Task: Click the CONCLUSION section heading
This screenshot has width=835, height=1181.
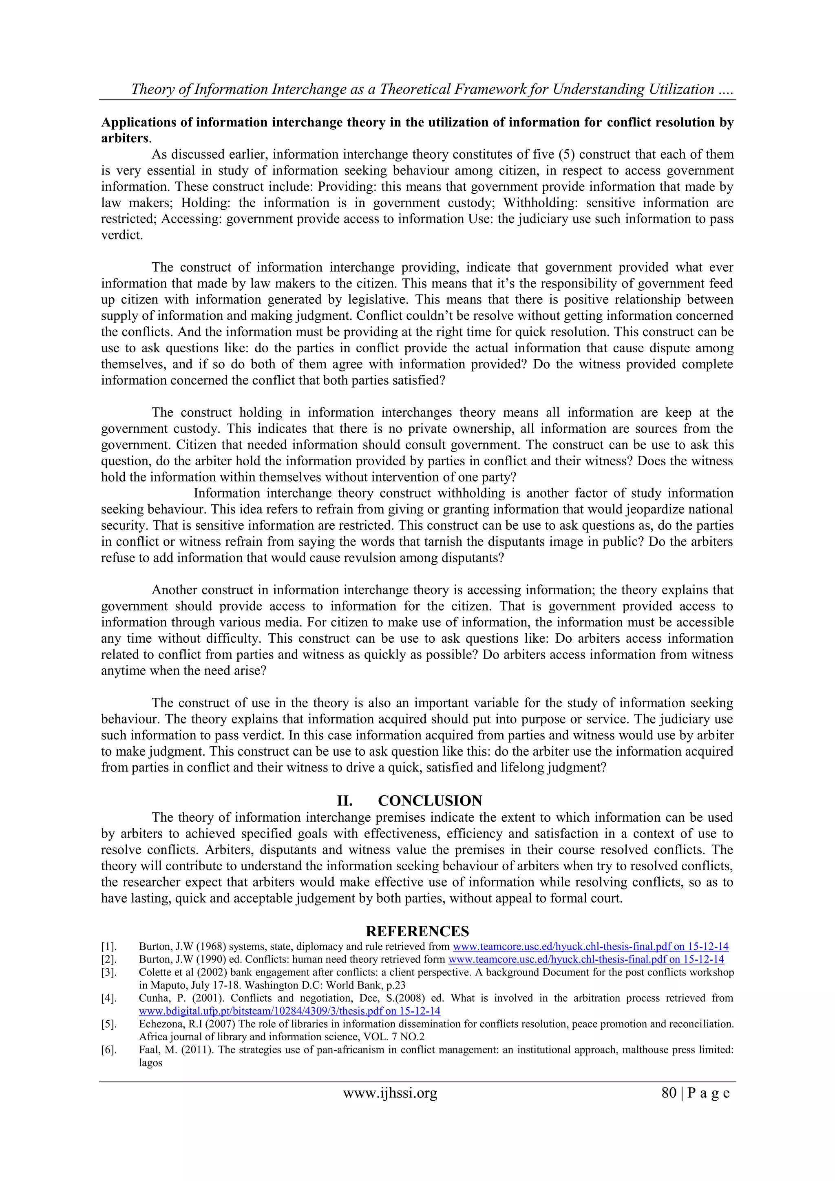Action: pyautogui.click(x=430, y=801)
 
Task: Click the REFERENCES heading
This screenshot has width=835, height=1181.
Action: pyautogui.click(x=417, y=931)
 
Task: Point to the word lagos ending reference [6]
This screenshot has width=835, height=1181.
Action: pyautogui.click(x=150, y=1063)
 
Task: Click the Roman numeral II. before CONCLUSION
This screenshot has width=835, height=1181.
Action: pyautogui.click(x=345, y=801)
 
